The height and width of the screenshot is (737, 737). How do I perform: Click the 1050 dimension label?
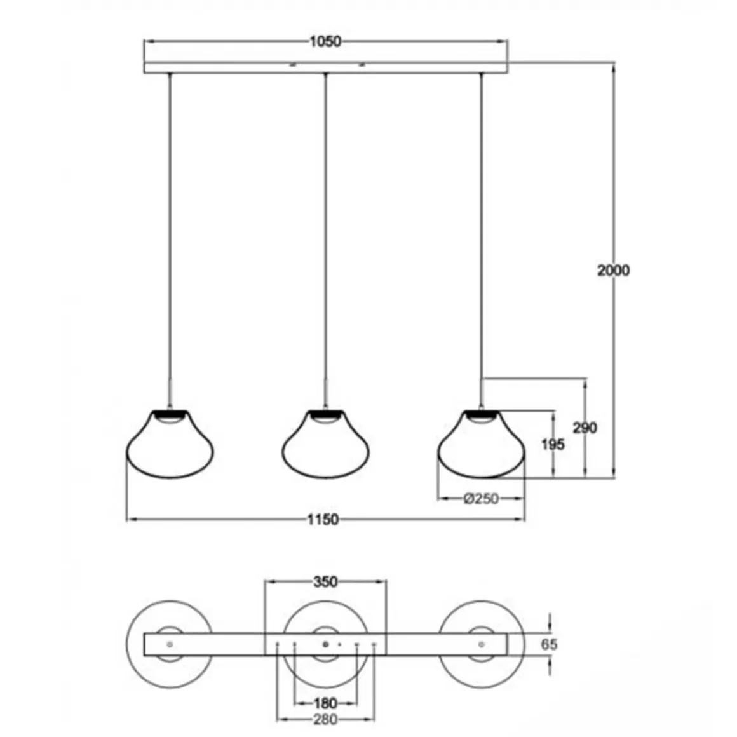325,42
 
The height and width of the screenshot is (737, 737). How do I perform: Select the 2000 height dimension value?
613,270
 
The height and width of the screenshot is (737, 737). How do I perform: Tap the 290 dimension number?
585,428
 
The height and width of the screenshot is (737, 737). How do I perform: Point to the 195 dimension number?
553,444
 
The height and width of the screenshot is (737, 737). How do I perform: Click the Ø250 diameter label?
481,498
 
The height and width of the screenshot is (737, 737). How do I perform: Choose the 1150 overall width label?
323,519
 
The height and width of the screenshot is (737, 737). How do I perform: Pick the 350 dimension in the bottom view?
325,582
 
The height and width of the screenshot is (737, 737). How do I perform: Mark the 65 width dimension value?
549,644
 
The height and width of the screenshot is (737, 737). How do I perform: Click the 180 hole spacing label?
325,703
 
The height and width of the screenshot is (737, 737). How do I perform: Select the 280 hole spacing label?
325,720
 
